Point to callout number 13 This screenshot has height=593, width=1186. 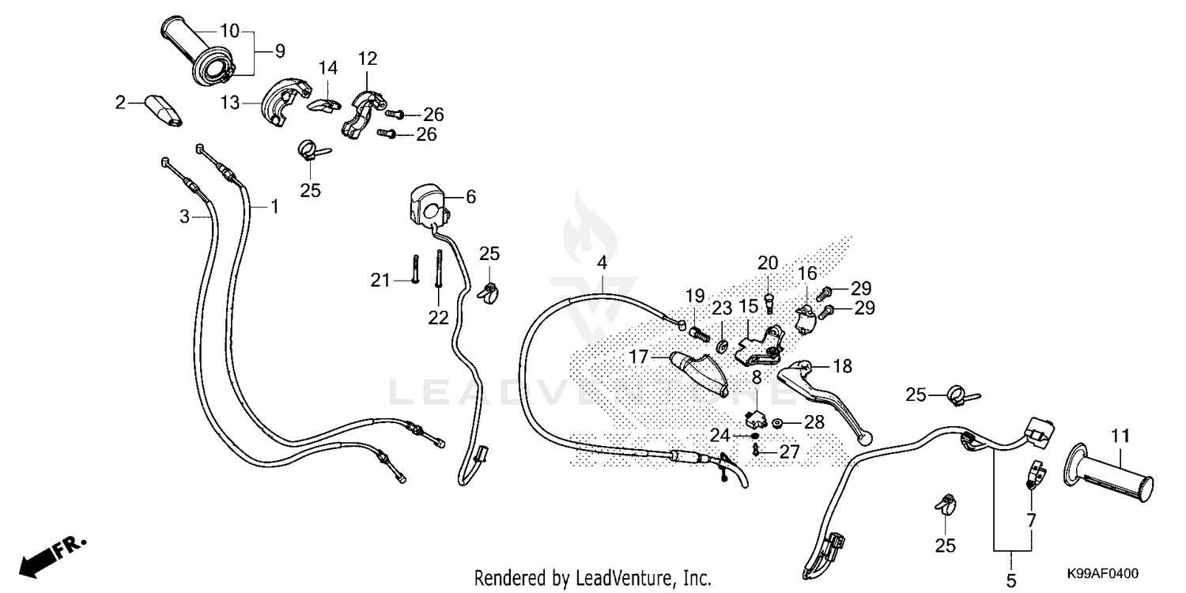(x=229, y=102)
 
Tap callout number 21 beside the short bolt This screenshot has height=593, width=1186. (x=381, y=279)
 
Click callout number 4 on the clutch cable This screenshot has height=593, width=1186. (x=602, y=262)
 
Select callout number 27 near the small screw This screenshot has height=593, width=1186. (x=790, y=451)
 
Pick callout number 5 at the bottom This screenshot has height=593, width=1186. (x=1011, y=581)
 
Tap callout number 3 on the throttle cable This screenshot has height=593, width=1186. (x=184, y=216)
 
